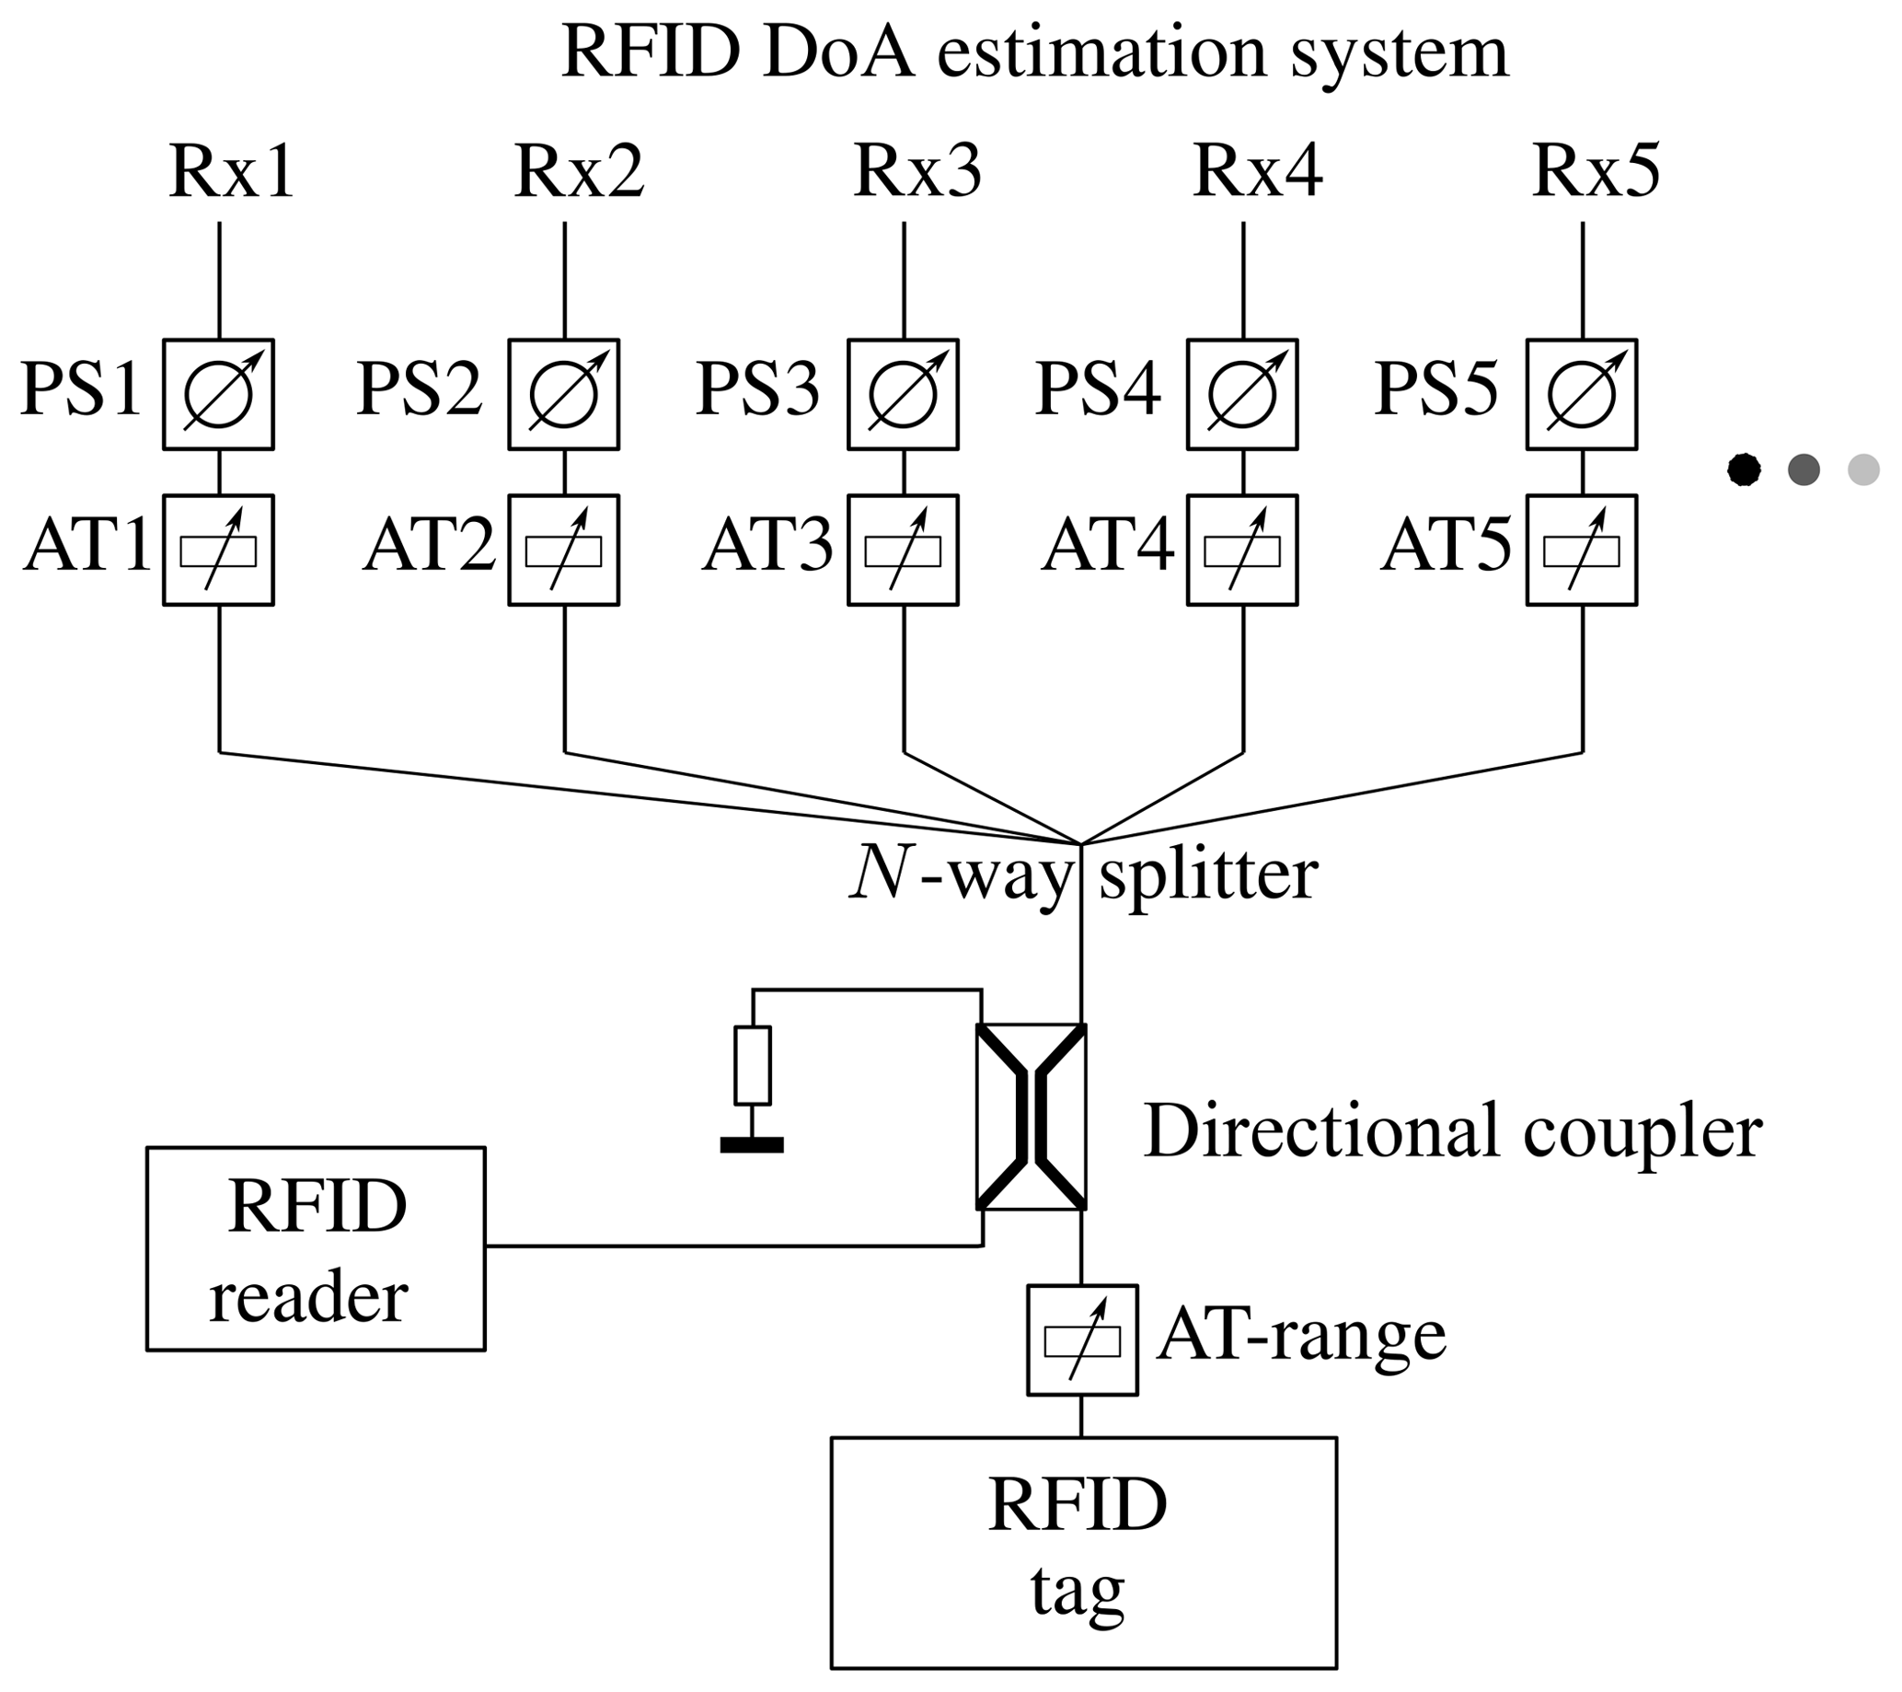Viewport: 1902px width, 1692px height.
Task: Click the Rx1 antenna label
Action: coord(232,173)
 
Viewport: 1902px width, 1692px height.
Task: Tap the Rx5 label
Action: coord(1595,173)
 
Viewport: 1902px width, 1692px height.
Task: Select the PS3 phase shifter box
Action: coord(903,395)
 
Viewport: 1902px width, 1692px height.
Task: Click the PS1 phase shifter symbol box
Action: coord(219,395)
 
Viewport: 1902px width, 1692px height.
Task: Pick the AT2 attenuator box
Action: coord(563,550)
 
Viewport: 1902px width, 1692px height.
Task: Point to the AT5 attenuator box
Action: coord(1581,550)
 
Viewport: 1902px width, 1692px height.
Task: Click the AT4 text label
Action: coord(1107,546)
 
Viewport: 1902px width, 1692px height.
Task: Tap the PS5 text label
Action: coord(1435,389)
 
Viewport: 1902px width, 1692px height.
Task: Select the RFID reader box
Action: coord(316,1248)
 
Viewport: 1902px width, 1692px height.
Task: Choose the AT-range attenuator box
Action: coord(1082,1340)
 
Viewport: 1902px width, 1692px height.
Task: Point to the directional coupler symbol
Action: coord(1031,1117)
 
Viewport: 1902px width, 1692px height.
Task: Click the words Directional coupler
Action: coord(1453,1132)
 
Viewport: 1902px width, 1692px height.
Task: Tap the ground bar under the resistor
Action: coord(752,1145)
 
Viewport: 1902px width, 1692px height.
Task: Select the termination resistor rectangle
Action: coord(752,1066)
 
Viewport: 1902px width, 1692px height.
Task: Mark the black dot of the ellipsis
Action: coord(1743,469)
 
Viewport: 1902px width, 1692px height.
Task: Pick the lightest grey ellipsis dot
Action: coord(1863,469)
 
